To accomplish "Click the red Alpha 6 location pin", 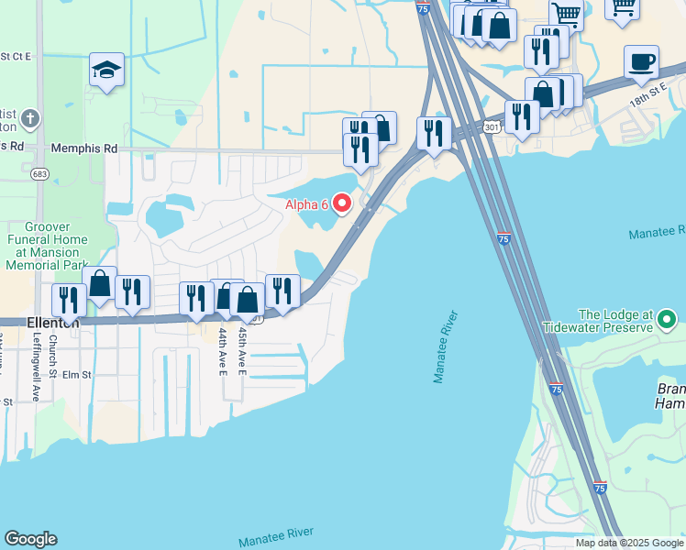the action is pyautogui.click(x=342, y=203).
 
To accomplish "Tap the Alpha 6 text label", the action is pyautogui.click(x=306, y=203).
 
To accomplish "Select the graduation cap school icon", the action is pyautogui.click(x=106, y=70).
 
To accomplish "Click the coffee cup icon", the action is pyautogui.click(x=641, y=62).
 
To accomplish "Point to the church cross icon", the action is pyautogui.click(x=30, y=119).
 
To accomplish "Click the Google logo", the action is pyautogui.click(x=30, y=539).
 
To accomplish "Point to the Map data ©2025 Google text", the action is pyautogui.click(x=629, y=543).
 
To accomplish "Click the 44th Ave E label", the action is pyautogui.click(x=223, y=352).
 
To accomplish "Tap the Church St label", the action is pyautogui.click(x=53, y=355).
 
